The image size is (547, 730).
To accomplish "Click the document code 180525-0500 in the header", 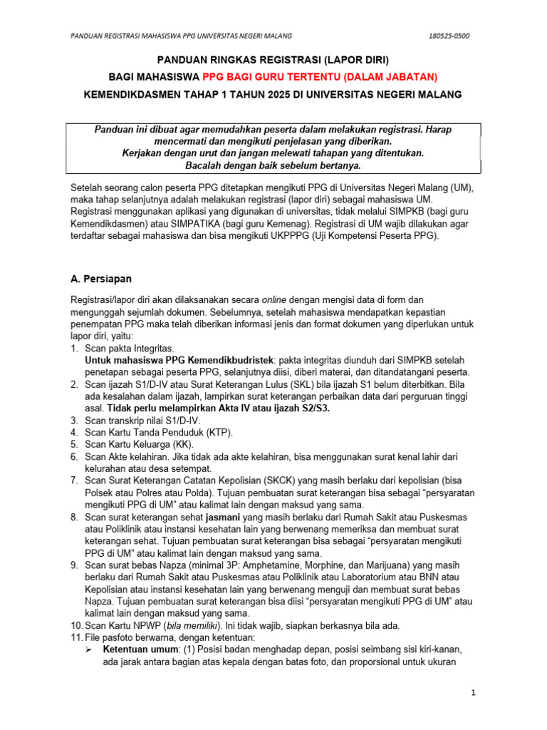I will pyautogui.click(x=449, y=36).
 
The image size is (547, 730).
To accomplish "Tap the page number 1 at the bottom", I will pyautogui.click(x=474, y=692).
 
